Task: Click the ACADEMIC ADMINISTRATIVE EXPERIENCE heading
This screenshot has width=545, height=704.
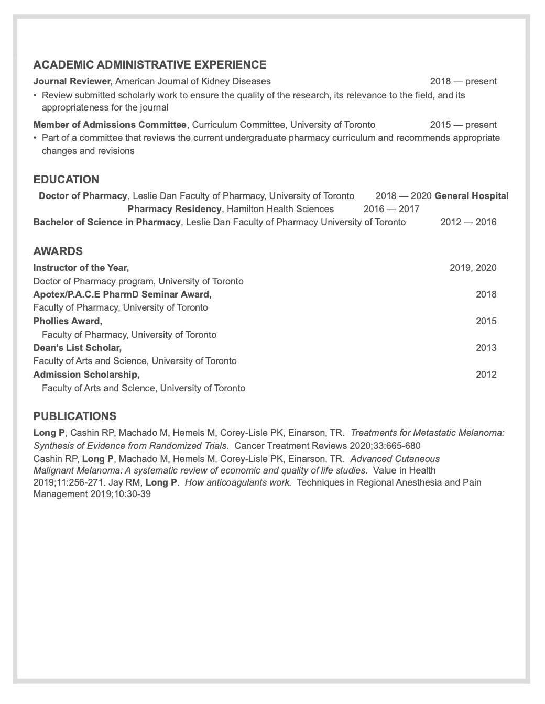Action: coord(149,65)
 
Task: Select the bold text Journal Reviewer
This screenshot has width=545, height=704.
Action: coord(73,81)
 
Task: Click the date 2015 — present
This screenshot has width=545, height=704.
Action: coord(463,125)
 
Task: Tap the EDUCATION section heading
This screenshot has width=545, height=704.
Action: coord(66,180)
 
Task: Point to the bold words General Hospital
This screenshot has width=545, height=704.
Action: coord(472,196)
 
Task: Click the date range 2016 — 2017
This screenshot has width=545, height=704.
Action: coord(391,209)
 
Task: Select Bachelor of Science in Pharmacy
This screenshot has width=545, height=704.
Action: coord(107,222)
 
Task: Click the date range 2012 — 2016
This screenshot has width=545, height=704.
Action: coord(468,222)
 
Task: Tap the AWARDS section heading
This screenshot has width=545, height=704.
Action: coord(58,251)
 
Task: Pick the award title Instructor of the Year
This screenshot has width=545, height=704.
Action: coord(81,268)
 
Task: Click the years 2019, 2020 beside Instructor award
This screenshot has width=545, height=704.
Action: coord(473,268)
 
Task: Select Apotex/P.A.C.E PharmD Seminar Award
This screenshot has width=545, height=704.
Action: coord(123,294)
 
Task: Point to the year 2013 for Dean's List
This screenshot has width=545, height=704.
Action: coord(486,348)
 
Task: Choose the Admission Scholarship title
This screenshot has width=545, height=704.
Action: coord(86,375)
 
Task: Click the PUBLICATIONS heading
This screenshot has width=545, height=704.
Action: coord(75,416)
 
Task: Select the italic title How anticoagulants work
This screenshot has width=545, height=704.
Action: coord(238,482)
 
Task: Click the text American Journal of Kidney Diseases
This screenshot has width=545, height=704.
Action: coord(193,81)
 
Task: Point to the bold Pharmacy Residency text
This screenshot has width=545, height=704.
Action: coord(175,209)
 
